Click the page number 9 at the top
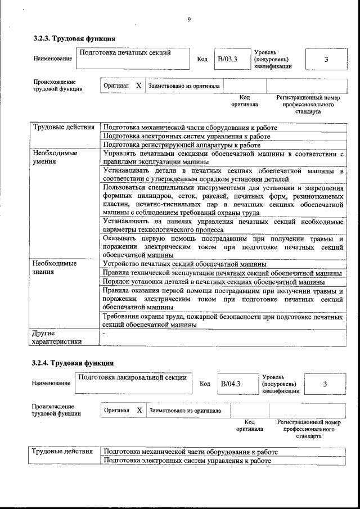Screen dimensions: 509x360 189,20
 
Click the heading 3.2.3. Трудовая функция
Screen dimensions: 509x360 74,39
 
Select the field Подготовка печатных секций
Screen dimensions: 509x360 132,58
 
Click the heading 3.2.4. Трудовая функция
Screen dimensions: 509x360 73,363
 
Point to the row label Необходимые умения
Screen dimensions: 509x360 55,157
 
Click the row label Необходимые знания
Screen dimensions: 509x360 55,267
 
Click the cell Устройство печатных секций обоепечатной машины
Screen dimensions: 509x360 185,263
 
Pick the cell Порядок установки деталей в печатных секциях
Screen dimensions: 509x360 214,281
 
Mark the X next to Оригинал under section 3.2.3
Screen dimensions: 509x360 138,86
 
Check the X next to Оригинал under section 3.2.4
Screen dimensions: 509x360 139,410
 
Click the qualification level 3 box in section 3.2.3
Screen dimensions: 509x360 326,59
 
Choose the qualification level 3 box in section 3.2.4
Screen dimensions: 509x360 325,384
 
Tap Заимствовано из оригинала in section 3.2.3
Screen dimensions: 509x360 184,86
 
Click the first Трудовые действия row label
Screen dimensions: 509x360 64,127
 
